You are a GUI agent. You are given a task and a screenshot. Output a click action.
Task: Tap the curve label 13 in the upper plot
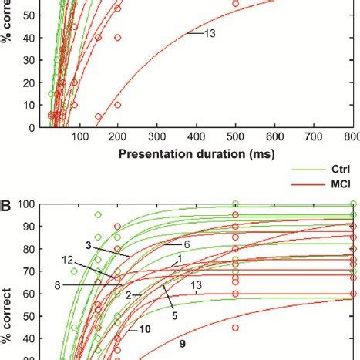[209, 33]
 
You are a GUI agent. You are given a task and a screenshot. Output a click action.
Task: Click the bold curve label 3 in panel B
[89, 244]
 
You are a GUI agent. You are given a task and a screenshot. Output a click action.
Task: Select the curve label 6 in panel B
[187, 244]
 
